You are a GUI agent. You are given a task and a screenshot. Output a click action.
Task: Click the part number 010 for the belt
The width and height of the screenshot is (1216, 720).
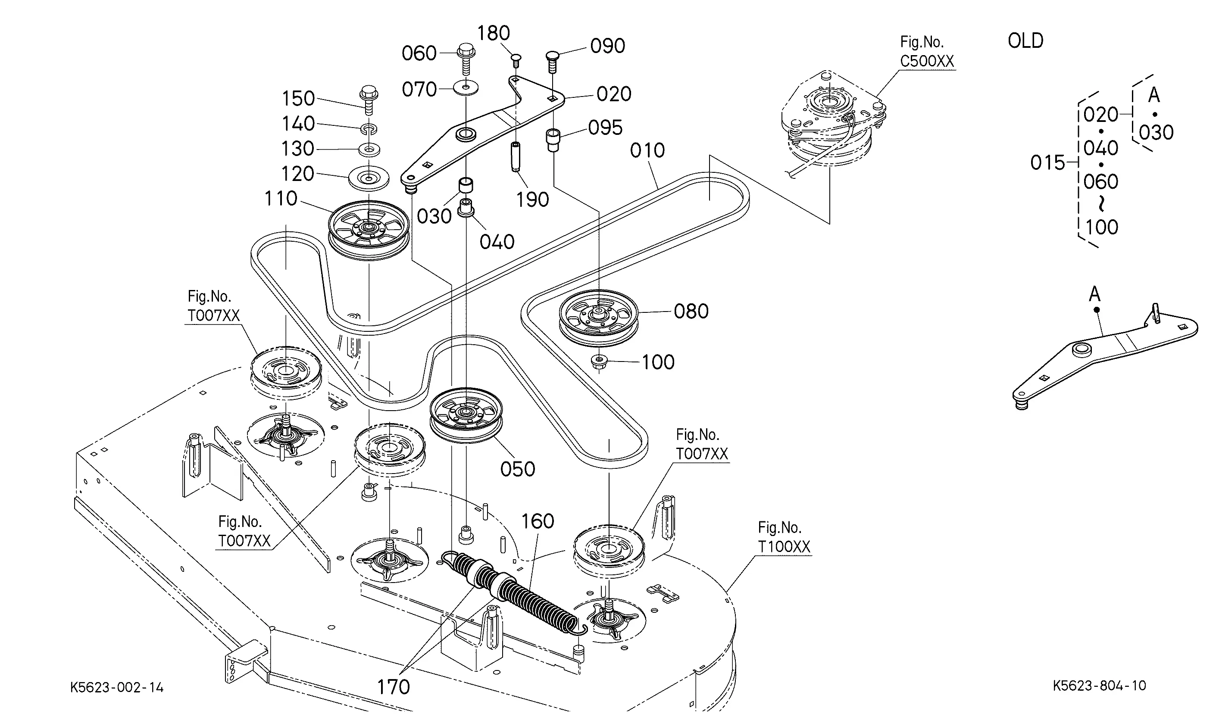[647, 150]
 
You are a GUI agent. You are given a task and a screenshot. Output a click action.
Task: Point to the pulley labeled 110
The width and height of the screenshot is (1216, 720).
[369, 228]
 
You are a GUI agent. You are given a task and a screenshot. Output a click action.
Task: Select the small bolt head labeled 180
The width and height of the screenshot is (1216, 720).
[516, 60]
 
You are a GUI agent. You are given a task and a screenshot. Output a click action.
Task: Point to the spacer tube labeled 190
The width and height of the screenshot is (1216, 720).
[515, 156]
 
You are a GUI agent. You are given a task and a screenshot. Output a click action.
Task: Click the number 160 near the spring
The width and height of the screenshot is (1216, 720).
[537, 521]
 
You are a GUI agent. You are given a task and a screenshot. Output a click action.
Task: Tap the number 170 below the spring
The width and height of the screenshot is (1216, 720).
[393, 686]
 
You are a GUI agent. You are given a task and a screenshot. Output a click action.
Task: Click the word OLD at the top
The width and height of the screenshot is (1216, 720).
[1025, 41]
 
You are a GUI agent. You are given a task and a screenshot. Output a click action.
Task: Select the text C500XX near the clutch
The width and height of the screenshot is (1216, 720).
[927, 61]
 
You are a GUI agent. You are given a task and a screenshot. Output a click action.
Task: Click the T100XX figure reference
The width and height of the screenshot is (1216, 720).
[784, 547]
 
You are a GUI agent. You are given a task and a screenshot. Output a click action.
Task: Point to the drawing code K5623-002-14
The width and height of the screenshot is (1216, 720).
[117, 688]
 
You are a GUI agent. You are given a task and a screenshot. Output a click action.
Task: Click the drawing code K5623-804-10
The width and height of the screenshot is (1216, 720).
[1099, 686]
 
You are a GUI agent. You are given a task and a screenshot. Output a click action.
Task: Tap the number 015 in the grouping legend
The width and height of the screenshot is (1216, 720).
[1047, 162]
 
